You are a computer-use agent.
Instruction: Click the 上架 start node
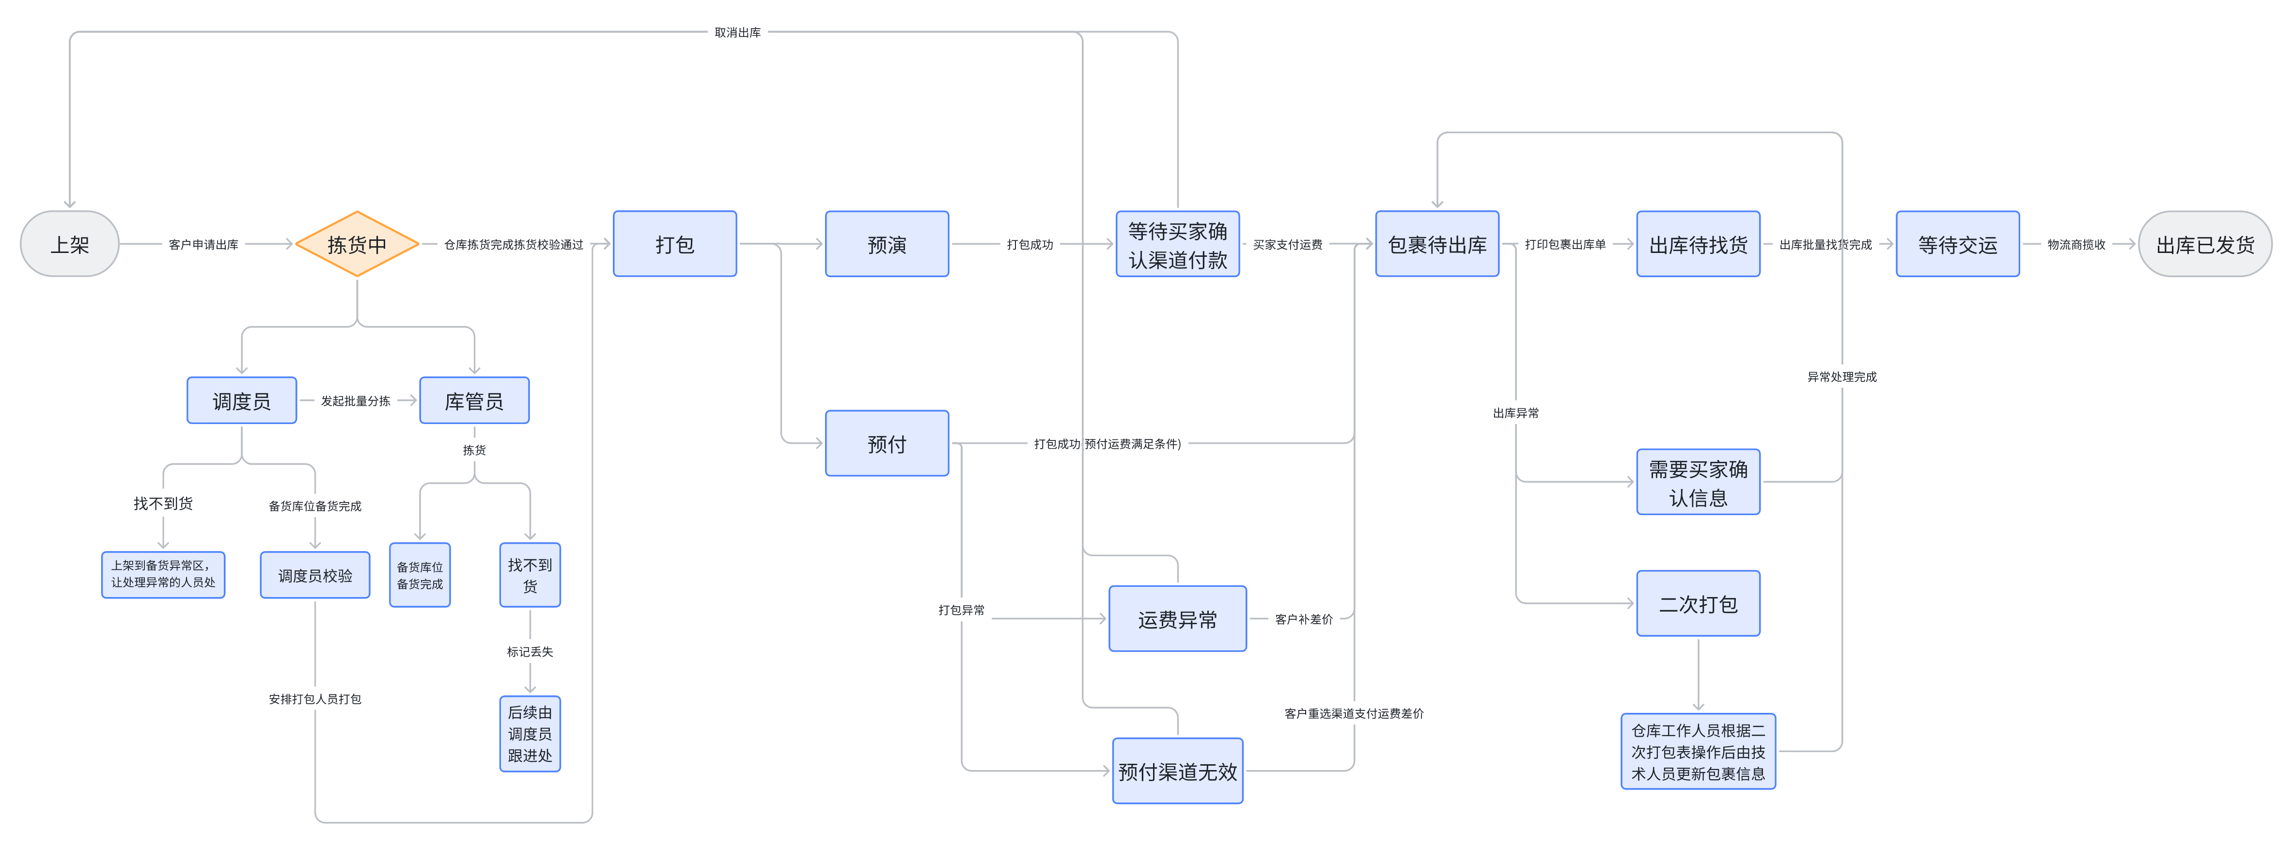coord(69,244)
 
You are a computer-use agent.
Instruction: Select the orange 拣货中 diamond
coord(357,244)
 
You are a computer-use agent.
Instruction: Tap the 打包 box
coord(675,244)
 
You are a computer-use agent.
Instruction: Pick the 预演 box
coord(887,244)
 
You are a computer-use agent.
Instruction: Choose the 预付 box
coord(887,443)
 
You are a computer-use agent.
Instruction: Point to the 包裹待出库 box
coord(1436,244)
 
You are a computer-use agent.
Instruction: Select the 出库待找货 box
coord(1698,244)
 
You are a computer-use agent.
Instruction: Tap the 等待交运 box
coord(1957,244)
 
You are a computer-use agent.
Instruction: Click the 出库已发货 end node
coord(2205,244)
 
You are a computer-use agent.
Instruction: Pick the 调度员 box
coord(241,400)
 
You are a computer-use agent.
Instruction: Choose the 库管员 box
coord(473,400)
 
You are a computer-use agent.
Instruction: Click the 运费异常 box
coord(1177,618)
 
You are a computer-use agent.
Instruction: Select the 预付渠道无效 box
coord(1177,771)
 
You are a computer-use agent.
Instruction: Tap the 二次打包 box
coord(1698,603)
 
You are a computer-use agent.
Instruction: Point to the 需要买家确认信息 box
coord(1698,482)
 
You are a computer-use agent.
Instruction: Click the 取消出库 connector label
coord(737,32)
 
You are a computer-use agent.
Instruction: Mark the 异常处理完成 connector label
coord(1841,377)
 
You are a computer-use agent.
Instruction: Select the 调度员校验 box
coord(315,575)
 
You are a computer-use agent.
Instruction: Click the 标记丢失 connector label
coord(530,651)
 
